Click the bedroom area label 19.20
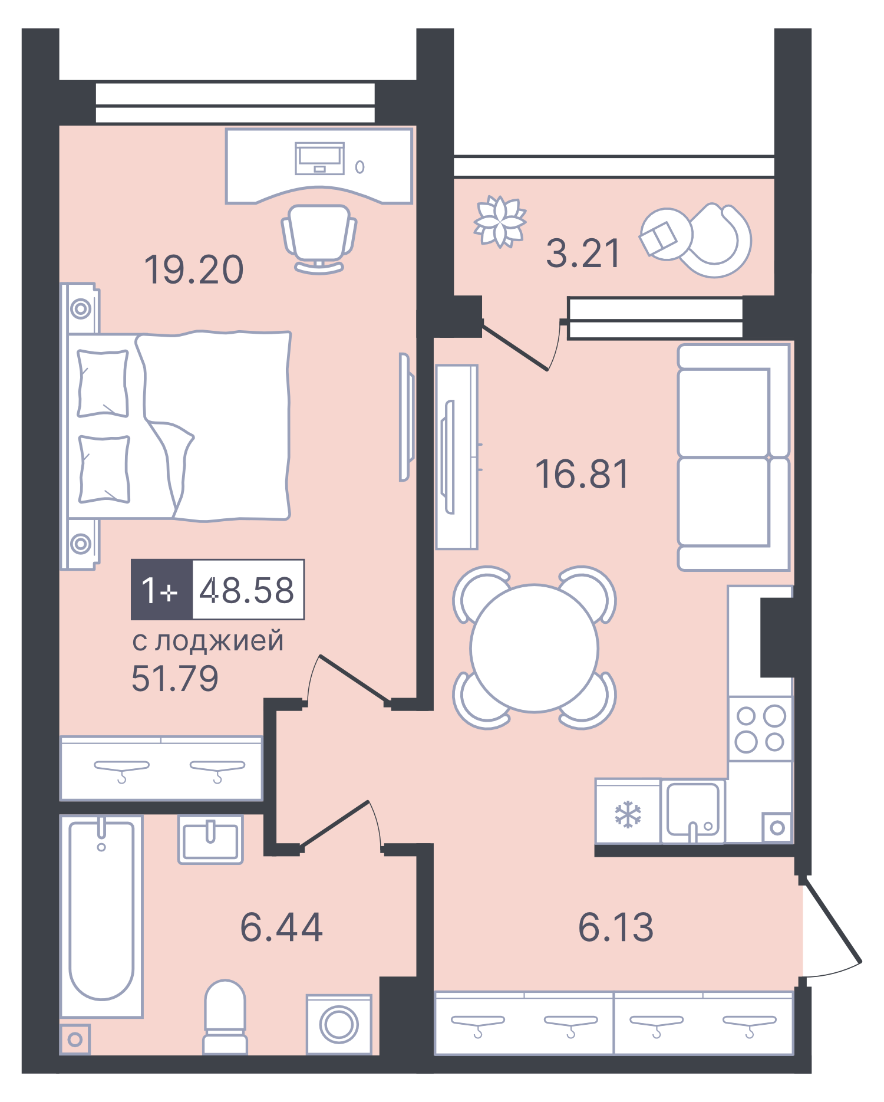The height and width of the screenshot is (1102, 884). click(x=193, y=270)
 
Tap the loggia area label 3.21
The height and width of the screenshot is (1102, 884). click(x=583, y=254)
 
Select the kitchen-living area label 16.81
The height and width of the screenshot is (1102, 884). click(x=582, y=474)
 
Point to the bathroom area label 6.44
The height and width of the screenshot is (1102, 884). click(x=282, y=927)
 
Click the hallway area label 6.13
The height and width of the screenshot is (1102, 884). click(x=616, y=927)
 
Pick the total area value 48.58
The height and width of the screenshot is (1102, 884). click(x=247, y=590)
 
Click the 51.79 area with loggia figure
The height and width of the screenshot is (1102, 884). click(x=174, y=679)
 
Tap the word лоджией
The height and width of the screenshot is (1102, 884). click(x=219, y=641)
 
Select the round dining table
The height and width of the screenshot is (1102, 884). click(x=534, y=648)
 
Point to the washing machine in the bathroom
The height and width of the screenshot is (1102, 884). click(x=339, y=1024)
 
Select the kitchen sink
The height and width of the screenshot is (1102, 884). click(x=692, y=811)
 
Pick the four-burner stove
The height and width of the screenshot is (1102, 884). click(x=760, y=729)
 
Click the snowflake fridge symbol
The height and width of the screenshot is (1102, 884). click(x=628, y=814)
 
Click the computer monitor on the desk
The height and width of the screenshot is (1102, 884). click(x=319, y=157)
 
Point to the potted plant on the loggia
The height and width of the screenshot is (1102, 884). click(x=500, y=222)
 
